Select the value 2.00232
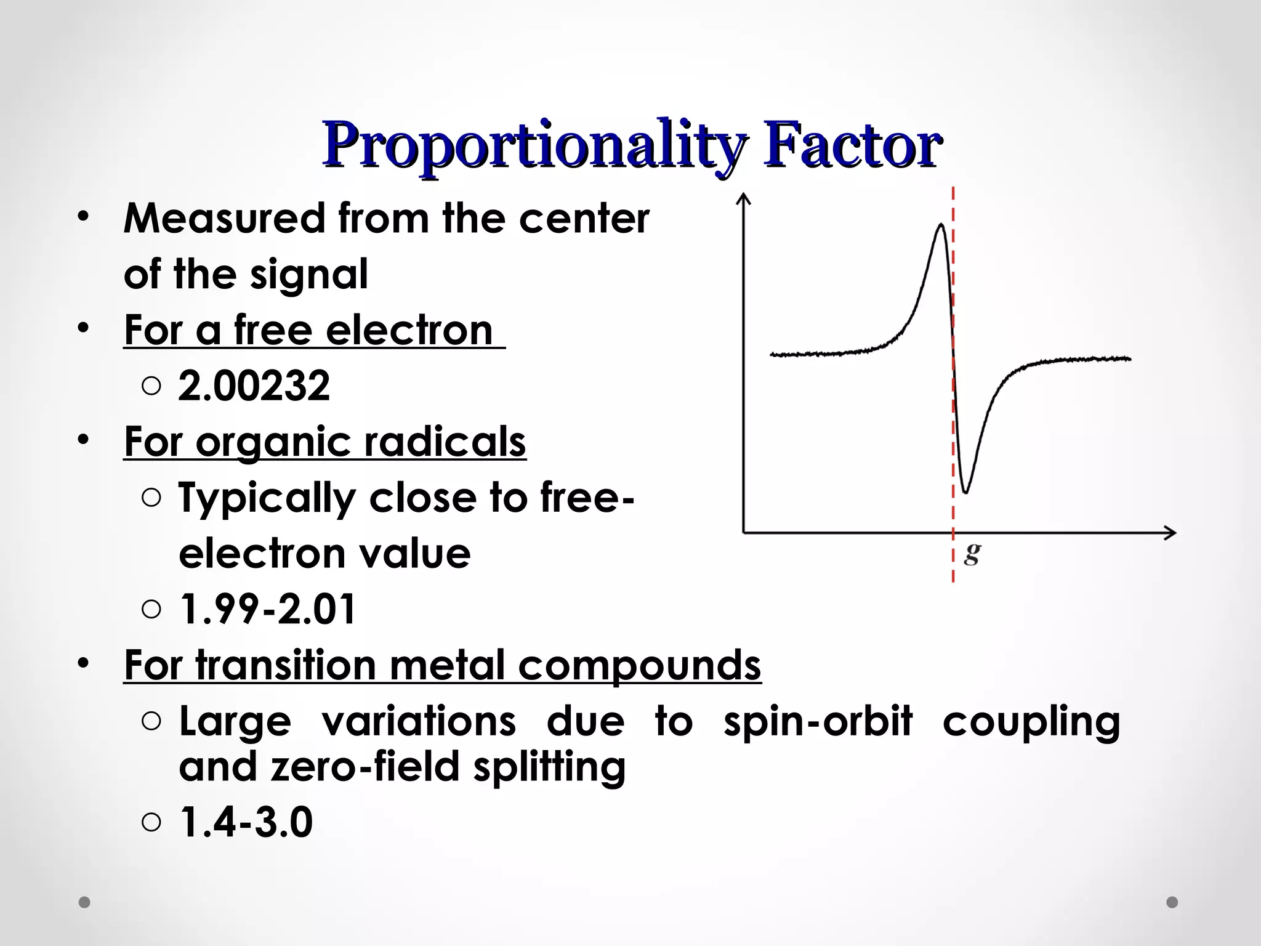254,386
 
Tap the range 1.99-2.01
267,609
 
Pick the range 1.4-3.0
246,822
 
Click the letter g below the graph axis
972,552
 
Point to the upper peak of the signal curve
941,225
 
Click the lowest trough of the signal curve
965,491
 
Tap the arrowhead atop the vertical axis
744,198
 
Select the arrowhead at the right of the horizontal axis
1170,533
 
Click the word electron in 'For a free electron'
409,331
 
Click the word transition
287,665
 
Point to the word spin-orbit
818,721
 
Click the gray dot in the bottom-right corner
1172,902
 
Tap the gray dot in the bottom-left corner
84,902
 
